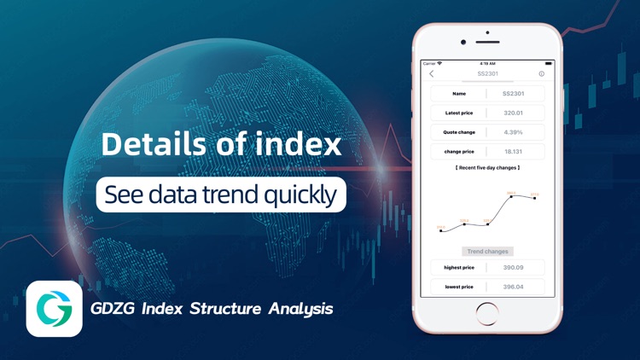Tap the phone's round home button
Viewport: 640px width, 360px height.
point(487,312)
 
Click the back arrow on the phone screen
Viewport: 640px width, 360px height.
point(432,74)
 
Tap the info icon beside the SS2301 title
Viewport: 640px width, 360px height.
point(542,74)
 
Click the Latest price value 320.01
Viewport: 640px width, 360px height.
point(514,113)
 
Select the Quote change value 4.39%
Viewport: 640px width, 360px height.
point(514,132)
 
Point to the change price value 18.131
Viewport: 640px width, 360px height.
point(514,152)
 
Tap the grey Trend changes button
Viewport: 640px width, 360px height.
point(488,252)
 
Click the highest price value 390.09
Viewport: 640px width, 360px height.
point(514,268)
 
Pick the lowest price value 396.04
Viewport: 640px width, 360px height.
point(514,287)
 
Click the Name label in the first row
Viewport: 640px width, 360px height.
point(459,94)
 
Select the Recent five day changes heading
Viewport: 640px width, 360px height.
point(488,168)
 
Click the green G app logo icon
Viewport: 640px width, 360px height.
point(54,308)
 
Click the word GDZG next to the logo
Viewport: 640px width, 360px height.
point(110,308)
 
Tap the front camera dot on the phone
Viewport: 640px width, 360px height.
point(463,42)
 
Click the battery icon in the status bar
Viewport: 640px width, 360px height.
point(549,63)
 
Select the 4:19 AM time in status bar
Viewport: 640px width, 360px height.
point(488,63)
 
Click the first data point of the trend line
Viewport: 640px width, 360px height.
point(441,230)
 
